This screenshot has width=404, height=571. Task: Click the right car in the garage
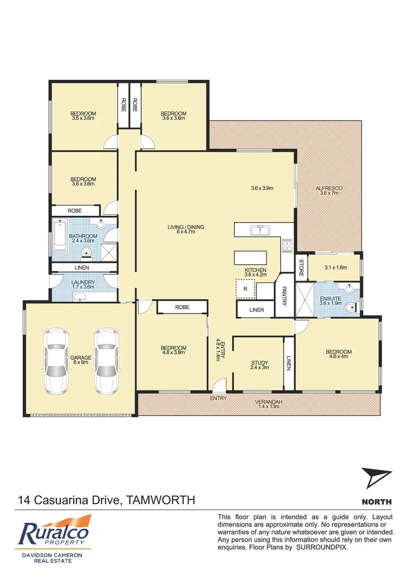click(106, 362)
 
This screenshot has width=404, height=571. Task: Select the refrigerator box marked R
click(245, 289)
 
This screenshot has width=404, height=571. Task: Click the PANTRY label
click(284, 296)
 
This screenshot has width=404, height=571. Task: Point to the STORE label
click(301, 268)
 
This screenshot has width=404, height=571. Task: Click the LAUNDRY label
click(83, 282)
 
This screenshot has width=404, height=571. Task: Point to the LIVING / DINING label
click(186, 227)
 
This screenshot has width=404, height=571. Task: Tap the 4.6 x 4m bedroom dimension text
click(338, 357)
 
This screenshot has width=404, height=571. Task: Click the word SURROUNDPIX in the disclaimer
click(323, 548)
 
